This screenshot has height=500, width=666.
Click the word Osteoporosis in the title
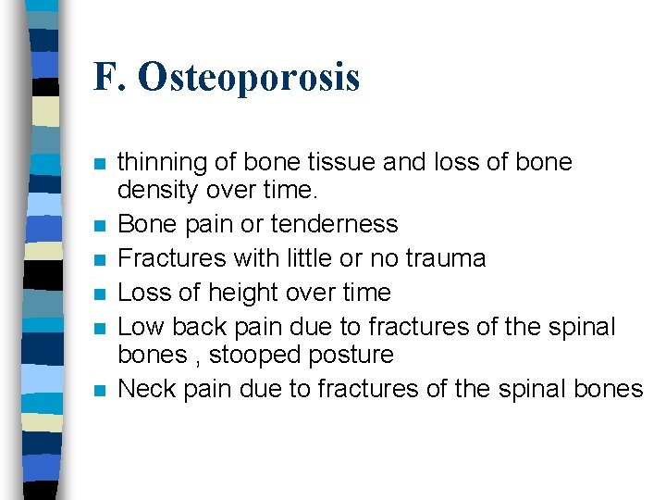pyautogui.click(x=249, y=78)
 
